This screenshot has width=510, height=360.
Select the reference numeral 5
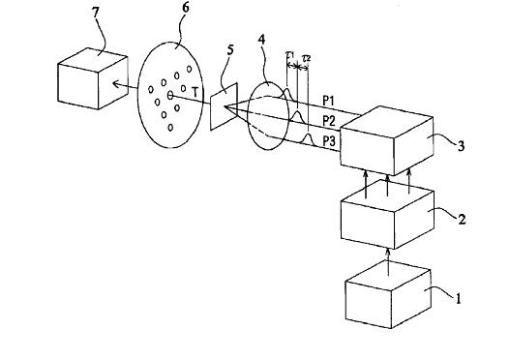tap(230, 50)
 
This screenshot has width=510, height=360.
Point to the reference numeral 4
tap(261, 40)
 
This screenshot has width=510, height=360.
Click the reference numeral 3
tap(461, 146)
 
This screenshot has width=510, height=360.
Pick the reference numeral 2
tap(462, 219)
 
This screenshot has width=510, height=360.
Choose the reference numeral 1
tap(459, 298)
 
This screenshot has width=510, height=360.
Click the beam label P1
tap(328, 102)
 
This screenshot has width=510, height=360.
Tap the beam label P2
tap(329, 121)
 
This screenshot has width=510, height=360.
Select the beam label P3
tap(329, 141)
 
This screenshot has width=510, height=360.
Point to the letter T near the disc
tap(195, 93)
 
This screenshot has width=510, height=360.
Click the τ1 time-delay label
tap(289, 54)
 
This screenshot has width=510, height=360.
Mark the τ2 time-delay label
tap(307, 58)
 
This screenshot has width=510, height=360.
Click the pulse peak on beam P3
tap(308, 134)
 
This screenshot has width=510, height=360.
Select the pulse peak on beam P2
tap(297, 111)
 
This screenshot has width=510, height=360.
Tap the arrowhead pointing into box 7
tap(114, 84)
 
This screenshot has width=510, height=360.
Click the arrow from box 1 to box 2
tap(387, 262)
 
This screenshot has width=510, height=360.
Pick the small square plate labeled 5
tap(225, 106)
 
